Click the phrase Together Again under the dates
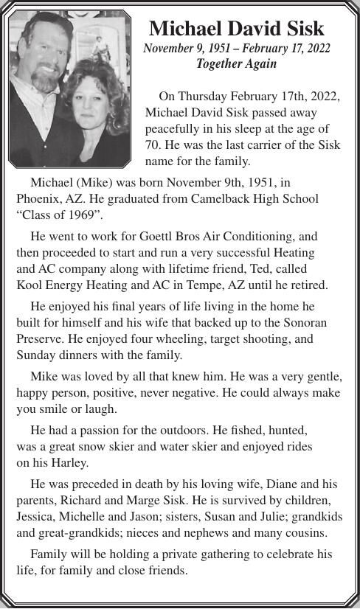(236, 63)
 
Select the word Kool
(30, 285)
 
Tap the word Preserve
(40, 339)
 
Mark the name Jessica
(37, 517)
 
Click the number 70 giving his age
(153, 144)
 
